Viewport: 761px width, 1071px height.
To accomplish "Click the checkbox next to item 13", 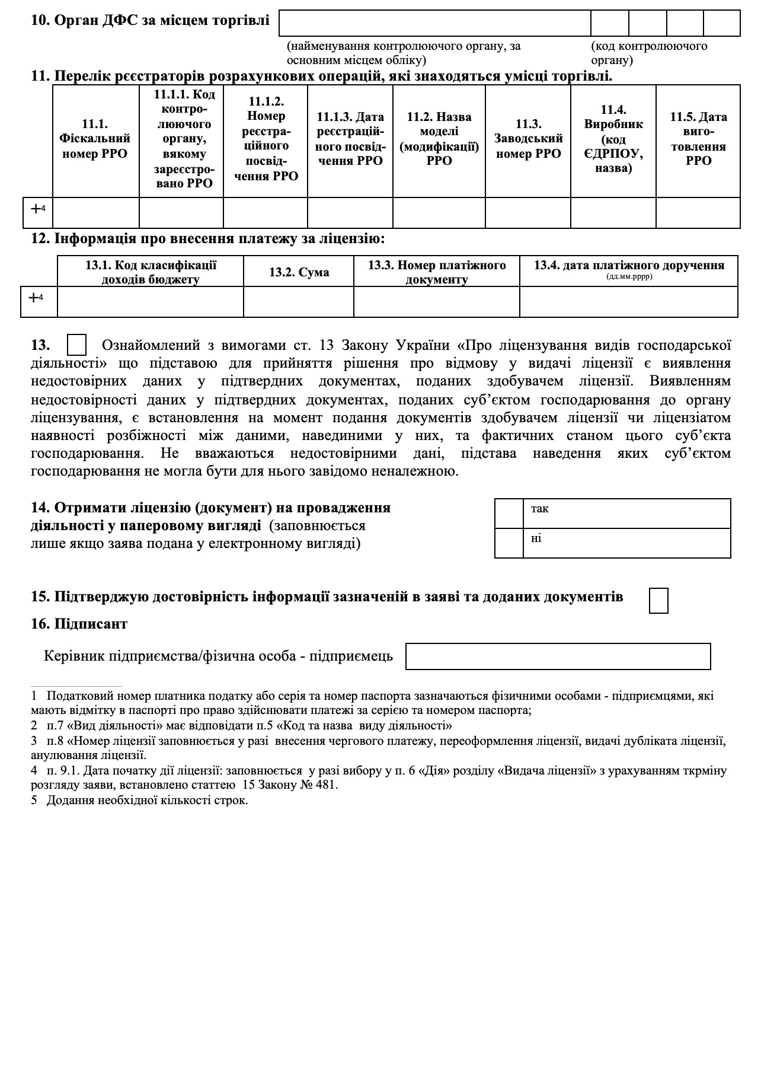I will [77, 345].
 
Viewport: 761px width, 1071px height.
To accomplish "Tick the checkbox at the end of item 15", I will [658, 600].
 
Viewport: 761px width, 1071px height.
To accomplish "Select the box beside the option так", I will [509, 514].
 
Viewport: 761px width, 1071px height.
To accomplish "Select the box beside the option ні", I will [509, 543].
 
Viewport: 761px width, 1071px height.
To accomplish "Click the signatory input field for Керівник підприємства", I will [558, 656].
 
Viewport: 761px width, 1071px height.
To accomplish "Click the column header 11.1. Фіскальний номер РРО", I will [95, 139].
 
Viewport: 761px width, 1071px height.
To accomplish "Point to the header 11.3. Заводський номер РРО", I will [528, 139].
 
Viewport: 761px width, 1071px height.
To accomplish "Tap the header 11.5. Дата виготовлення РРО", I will [698, 139].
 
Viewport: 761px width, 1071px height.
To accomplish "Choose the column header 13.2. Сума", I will [299, 272].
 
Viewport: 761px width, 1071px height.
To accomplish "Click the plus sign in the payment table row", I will [34, 298].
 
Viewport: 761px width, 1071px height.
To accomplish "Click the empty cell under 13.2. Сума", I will [299, 302].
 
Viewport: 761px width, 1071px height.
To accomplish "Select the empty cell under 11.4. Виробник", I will [613, 212].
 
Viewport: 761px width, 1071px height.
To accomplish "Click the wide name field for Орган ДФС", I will [434, 24].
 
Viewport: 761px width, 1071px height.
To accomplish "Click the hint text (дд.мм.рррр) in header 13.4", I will [629, 277].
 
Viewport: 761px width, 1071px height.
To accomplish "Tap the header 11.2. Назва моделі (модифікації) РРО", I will [439, 139].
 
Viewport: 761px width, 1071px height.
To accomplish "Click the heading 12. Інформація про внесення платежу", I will [208, 239].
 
